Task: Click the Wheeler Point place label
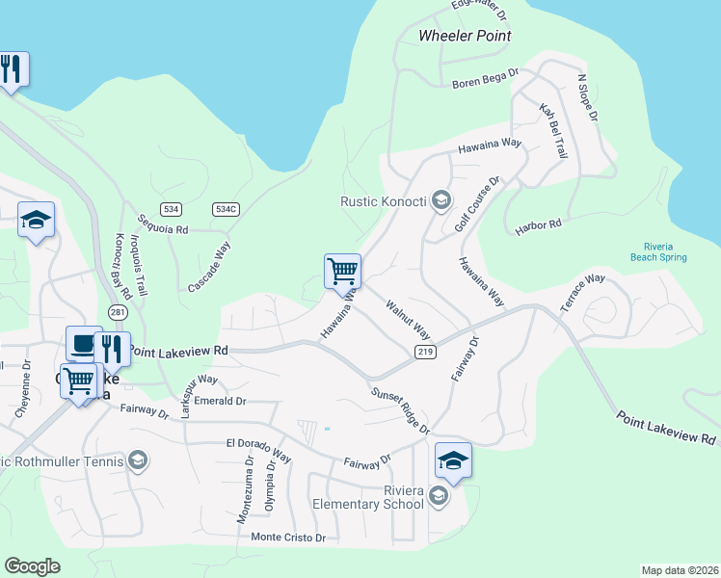coord(464,36)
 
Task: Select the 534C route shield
coord(226,209)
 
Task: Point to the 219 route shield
coord(426,353)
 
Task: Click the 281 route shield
coord(118,313)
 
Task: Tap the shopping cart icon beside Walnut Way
coord(343,272)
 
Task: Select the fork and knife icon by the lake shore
coord(13,69)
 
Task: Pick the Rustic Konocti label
coord(384,201)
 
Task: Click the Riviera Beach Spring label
coord(659,251)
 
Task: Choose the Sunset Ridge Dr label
coord(399,408)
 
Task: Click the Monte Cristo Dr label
coord(288,537)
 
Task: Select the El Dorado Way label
coord(258,449)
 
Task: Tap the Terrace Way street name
coord(582,292)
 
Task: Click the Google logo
coord(32,565)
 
